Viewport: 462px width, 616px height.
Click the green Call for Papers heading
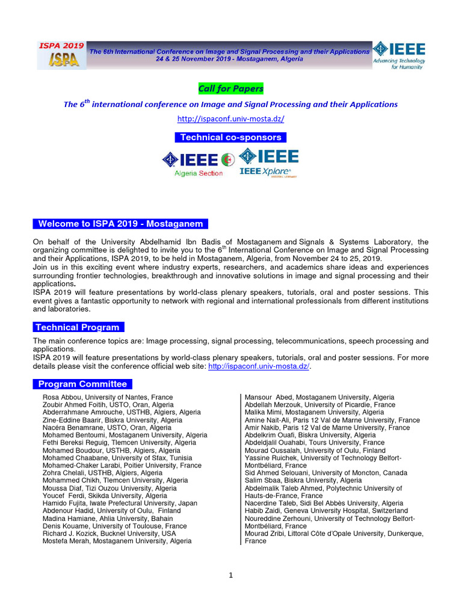tap(230, 89)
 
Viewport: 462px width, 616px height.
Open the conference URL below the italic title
tap(230, 119)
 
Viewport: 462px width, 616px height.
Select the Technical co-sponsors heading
tap(230, 138)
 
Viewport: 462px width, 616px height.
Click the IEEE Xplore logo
tap(268, 163)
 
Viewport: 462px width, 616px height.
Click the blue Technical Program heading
tap(78, 327)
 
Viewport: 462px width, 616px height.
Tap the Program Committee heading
tap(82, 384)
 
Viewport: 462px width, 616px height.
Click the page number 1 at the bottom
tap(230, 576)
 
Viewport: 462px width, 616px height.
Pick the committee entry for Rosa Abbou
tap(108, 398)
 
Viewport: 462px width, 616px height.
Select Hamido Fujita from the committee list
tap(120, 504)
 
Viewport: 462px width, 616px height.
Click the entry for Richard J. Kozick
tap(109, 534)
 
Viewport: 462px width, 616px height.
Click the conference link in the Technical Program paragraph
tap(259, 366)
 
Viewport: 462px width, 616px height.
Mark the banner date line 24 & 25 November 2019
tap(229, 59)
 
